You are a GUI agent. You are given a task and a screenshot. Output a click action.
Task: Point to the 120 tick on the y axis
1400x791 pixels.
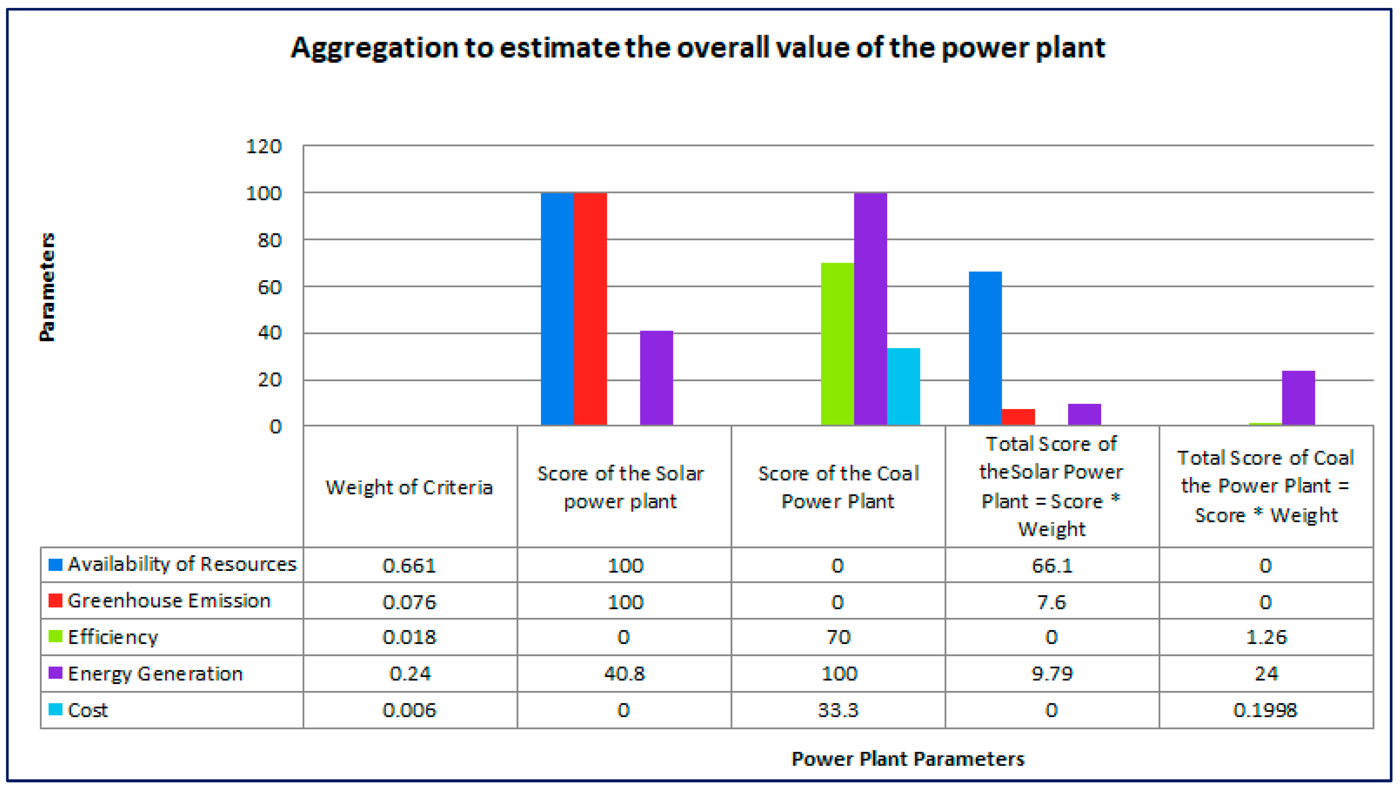[x=264, y=147]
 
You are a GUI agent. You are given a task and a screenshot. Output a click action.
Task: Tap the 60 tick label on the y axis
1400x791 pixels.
[x=269, y=287]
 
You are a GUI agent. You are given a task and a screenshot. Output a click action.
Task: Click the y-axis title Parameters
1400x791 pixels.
[x=48, y=287]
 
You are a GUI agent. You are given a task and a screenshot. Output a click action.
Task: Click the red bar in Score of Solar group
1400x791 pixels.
[x=590, y=309]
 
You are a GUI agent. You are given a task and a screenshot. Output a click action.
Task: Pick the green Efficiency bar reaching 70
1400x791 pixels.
[x=837, y=344]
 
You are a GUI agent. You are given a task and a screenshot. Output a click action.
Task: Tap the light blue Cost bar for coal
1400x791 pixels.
[x=903, y=386]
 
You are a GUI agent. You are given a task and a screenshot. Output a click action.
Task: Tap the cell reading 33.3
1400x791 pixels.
[x=838, y=710]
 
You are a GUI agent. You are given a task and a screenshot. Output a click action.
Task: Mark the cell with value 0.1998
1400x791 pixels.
[x=1265, y=710]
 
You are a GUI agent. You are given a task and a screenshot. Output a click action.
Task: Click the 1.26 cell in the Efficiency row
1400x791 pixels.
[x=1266, y=637]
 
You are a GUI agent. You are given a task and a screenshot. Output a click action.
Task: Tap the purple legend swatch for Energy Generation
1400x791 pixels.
[x=55, y=673]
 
